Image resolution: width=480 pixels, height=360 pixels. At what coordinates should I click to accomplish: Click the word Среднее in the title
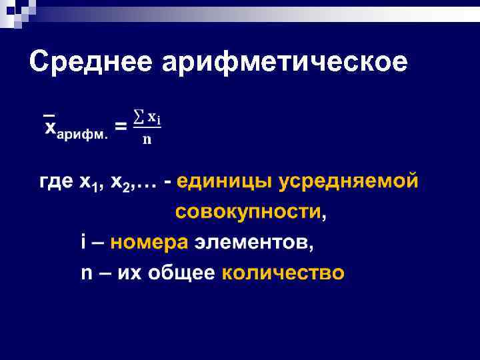pyautogui.click(x=91, y=62)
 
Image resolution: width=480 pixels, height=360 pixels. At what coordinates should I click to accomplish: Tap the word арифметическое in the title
pyautogui.click(x=284, y=62)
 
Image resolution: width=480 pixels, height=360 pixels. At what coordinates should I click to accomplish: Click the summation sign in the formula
pyautogui.click(x=139, y=117)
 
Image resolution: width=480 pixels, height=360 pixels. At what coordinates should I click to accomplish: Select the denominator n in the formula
pyautogui.click(x=147, y=140)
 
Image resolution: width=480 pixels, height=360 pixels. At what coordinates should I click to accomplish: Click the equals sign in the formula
pyautogui.click(x=121, y=126)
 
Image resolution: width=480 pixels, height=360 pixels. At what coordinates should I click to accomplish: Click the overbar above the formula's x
pyautogui.click(x=49, y=111)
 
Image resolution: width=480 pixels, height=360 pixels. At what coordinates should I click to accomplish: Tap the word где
pyautogui.click(x=55, y=182)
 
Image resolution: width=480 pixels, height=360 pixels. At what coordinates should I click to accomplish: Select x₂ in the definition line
pyautogui.click(x=121, y=183)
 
